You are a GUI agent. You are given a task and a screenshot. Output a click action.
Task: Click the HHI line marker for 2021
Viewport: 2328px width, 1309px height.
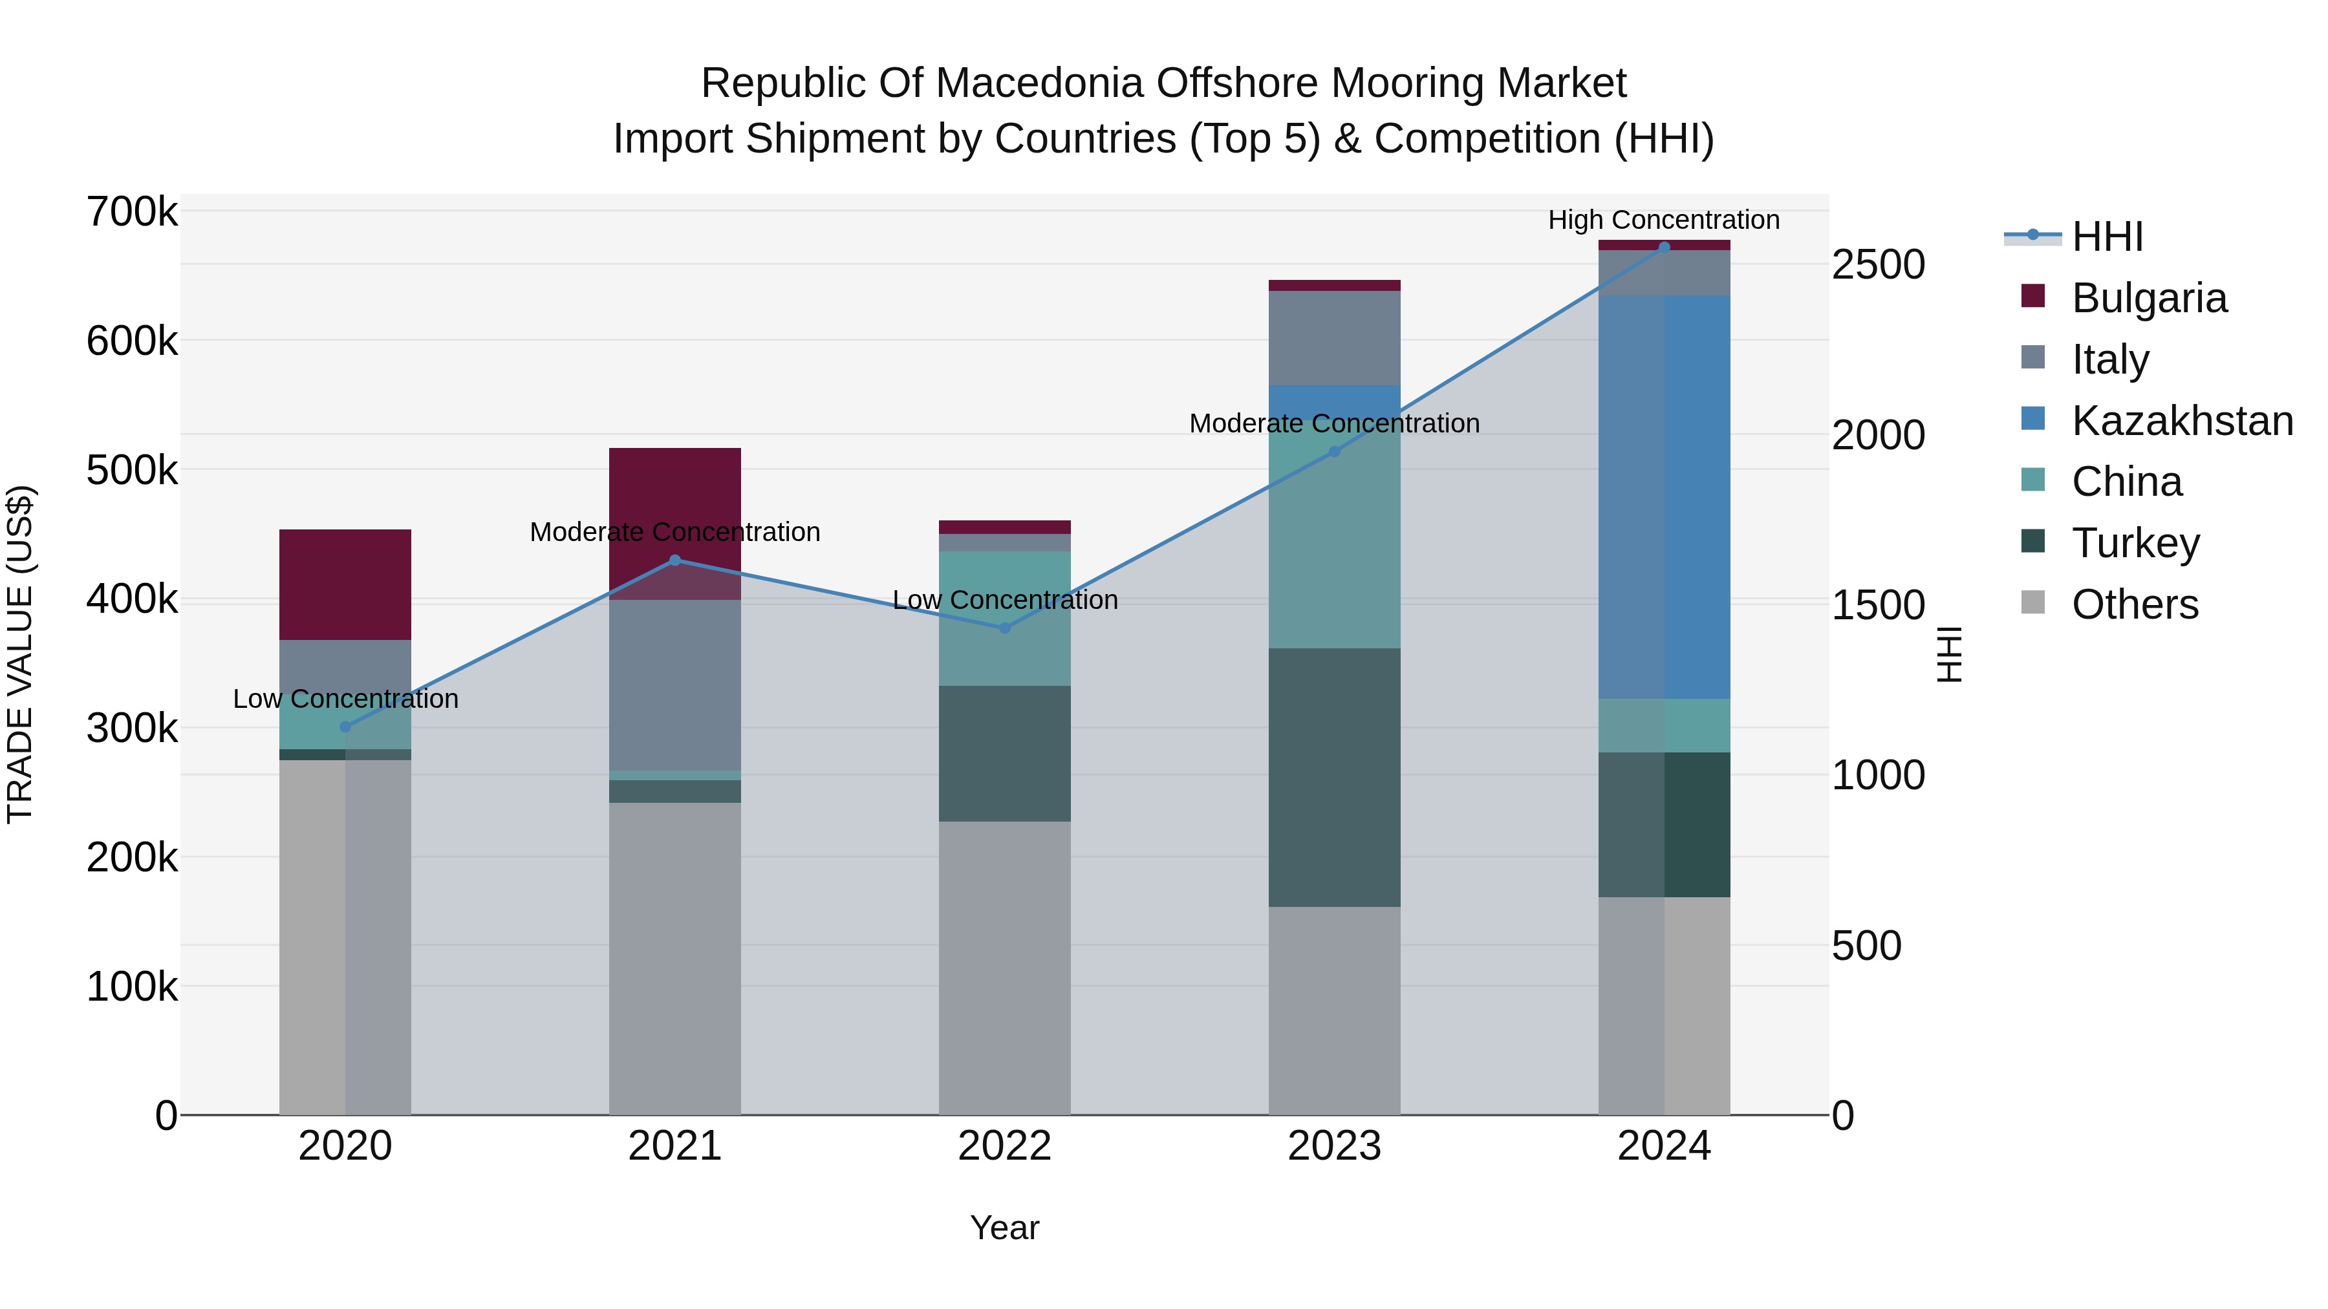[674, 560]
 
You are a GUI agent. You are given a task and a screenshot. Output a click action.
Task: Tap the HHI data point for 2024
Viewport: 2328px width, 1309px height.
[1664, 248]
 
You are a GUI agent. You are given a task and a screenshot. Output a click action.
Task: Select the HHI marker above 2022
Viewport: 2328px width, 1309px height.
[1004, 628]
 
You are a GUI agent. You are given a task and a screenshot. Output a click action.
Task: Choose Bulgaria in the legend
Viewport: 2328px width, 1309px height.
[2149, 298]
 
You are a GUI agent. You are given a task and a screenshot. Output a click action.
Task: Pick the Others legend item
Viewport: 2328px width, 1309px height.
[2135, 604]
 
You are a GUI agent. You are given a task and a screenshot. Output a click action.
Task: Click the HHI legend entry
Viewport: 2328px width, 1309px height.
[2107, 237]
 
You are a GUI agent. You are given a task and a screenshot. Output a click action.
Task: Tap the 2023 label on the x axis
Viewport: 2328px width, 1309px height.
[1334, 1146]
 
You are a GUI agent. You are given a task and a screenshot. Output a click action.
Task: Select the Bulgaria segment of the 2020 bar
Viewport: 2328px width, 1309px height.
[345, 584]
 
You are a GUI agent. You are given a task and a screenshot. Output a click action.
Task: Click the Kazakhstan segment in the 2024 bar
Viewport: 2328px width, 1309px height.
[1664, 497]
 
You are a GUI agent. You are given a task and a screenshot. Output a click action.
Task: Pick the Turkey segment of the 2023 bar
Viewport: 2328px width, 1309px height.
[1334, 777]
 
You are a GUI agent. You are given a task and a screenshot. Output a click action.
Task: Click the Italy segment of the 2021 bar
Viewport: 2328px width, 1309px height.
[674, 685]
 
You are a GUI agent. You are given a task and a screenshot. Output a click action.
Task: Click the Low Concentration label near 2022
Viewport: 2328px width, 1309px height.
[1004, 600]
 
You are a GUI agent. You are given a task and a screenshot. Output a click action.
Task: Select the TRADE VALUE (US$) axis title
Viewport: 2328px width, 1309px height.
[20, 654]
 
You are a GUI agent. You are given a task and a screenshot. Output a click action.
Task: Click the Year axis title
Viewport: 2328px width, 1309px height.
[1004, 1228]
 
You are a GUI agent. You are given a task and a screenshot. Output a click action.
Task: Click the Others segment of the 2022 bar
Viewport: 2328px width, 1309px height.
[1004, 966]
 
